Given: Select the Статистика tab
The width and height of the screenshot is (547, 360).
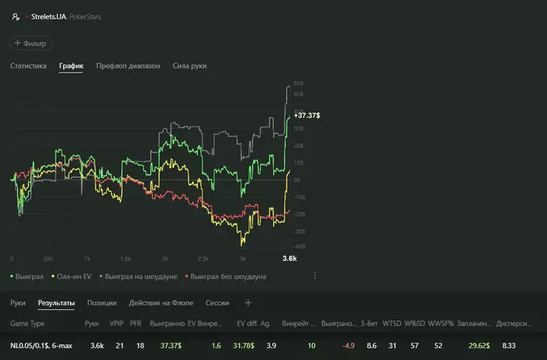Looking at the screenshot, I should coord(28,66).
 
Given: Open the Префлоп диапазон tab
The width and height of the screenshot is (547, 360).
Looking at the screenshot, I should coord(128,66).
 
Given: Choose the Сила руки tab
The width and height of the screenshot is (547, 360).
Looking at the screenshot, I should coord(189,66).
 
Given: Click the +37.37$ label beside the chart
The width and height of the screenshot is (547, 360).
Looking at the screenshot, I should coord(306,115).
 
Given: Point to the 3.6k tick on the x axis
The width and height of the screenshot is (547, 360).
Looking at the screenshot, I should coord(290,258).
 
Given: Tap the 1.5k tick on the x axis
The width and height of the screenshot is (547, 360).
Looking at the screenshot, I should coord(126,258).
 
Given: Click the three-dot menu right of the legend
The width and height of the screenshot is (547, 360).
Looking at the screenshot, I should coord(315,276).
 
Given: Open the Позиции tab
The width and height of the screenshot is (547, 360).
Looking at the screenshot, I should coord(102,302).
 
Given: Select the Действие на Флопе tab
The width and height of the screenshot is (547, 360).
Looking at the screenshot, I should coord(162,302).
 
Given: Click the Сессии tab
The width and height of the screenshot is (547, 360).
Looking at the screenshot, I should coord(216,302).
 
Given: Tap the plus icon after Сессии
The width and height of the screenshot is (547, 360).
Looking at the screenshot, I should coord(248,302).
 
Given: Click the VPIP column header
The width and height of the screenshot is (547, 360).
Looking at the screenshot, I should coord(116,323).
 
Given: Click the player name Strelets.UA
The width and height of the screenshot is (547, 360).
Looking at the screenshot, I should coord(48,15).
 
